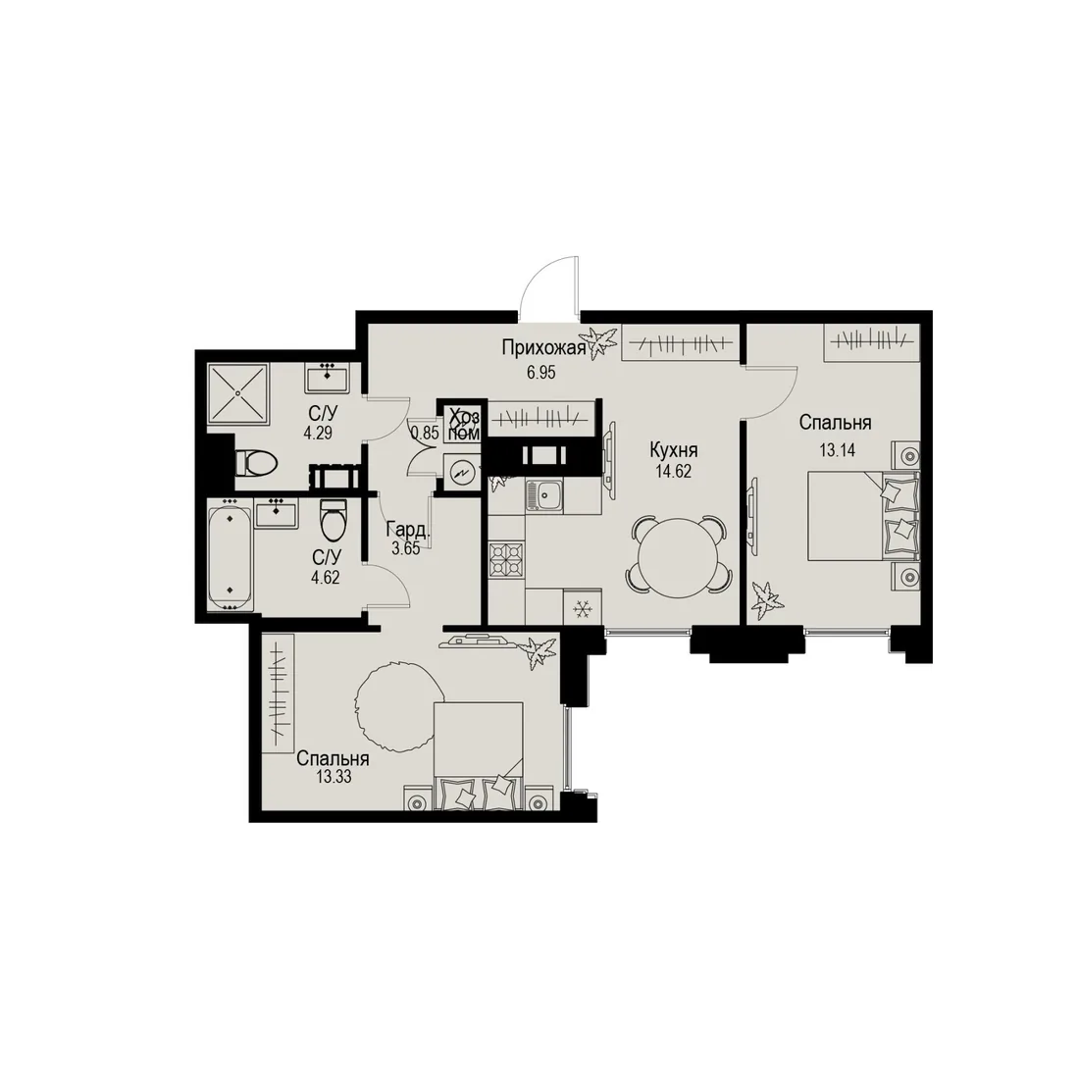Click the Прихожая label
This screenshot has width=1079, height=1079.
click(543, 348)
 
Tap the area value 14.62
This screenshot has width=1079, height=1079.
click(674, 472)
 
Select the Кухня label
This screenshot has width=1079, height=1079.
click(674, 450)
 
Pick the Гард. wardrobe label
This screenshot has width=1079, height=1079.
click(409, 529)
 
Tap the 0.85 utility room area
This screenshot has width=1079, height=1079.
click(425, 434)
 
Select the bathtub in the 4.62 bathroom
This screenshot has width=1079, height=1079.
click(230, 554)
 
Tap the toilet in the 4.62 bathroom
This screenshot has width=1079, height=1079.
click(334, 522)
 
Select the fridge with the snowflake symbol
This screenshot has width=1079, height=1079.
click(583, 608)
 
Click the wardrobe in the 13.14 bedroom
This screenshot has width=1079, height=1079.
click(872, 341)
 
